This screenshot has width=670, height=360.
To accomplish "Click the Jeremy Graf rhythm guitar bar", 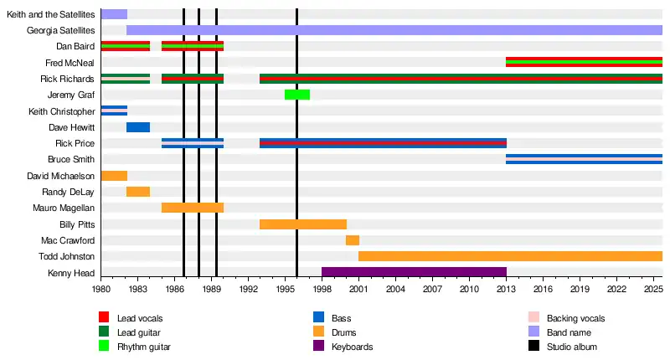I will (297, 95).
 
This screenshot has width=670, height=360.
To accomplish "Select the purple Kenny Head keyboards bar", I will (414, 272).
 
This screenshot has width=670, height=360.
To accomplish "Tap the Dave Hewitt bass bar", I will (138, 127).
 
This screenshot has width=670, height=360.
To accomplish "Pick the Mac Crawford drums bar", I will (353, 240).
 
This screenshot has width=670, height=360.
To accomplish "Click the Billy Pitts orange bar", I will (303, 224).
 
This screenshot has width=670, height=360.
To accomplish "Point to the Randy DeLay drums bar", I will (138, 192).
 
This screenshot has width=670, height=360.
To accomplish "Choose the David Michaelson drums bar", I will (114, 176).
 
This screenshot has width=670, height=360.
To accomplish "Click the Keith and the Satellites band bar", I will (114, 14).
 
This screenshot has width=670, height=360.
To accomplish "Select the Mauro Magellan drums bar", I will (193, 208).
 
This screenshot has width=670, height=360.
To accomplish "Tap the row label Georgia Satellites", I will (60, 30).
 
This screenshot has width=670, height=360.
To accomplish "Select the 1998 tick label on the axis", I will (322, 289).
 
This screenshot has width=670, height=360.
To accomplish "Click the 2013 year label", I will (506, 289).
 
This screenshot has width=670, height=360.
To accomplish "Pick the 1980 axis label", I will (100, 289).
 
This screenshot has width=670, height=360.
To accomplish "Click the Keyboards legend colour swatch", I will (319, 347).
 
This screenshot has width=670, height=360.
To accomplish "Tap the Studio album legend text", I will (572, 347).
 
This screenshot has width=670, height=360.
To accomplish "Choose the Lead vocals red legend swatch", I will (105, 318).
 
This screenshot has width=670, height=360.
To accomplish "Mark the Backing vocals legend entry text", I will (575, 318).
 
